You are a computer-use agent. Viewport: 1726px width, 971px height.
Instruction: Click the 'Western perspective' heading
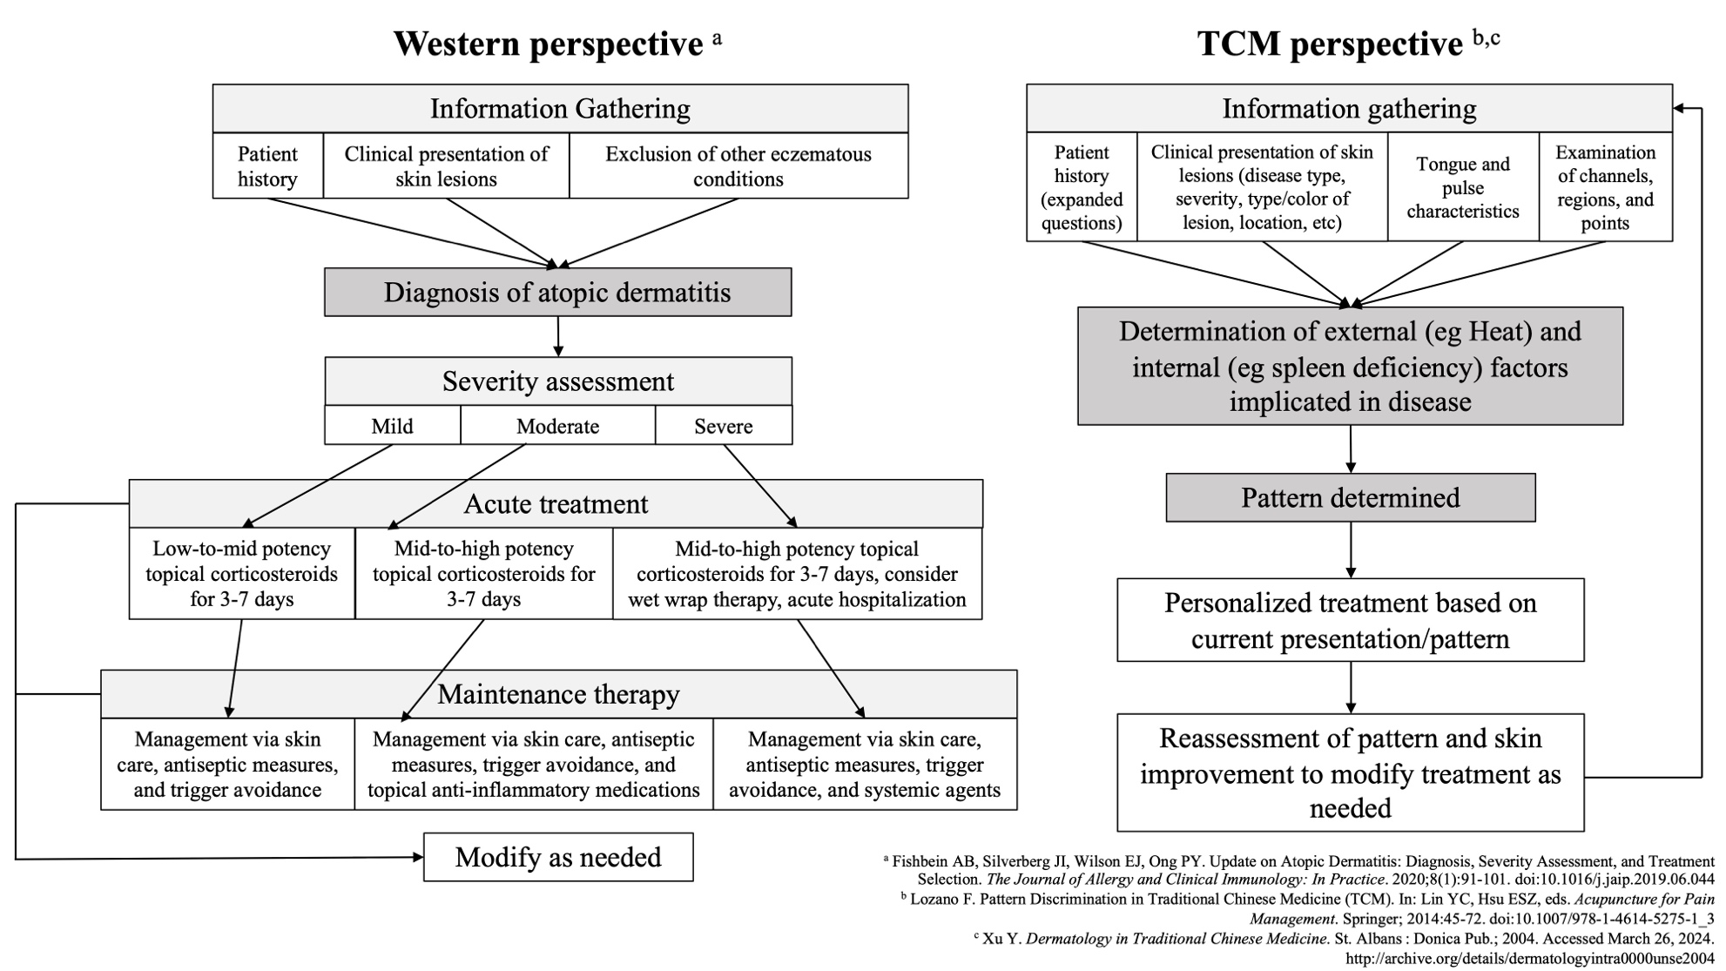548,44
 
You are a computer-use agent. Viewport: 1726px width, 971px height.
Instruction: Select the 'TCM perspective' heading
1330,44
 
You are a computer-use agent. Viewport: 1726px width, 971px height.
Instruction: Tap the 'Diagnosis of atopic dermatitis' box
558,292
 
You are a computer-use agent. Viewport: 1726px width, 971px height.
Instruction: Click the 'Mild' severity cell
393,426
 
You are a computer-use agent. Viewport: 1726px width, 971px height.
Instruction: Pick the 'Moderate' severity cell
557,426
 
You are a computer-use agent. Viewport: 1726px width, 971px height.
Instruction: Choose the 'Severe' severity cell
724,426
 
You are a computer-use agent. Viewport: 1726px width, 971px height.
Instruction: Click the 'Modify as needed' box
558,857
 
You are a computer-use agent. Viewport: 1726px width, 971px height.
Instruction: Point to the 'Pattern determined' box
1351,497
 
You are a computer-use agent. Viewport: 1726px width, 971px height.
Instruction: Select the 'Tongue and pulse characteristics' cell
1463,187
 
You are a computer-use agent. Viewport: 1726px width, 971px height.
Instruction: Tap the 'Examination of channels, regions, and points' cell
1606,187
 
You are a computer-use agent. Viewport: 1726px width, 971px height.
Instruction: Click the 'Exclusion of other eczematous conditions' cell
738,165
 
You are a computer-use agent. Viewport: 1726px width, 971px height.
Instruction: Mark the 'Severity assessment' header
558,381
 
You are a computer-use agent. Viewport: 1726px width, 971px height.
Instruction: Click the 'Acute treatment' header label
556,504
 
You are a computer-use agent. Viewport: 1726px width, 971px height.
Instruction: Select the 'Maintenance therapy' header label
558,694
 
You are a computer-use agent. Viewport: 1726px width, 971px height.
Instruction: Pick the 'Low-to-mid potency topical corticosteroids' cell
242,573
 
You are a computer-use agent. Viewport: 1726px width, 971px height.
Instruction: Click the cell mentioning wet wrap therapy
798,573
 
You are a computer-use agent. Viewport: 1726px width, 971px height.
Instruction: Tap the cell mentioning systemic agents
865,764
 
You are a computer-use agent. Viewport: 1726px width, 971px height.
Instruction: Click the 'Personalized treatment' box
1351,620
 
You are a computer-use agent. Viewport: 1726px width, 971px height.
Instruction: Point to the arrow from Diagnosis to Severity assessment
558,336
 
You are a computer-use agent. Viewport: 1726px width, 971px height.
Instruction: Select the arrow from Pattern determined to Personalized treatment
1351,550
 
